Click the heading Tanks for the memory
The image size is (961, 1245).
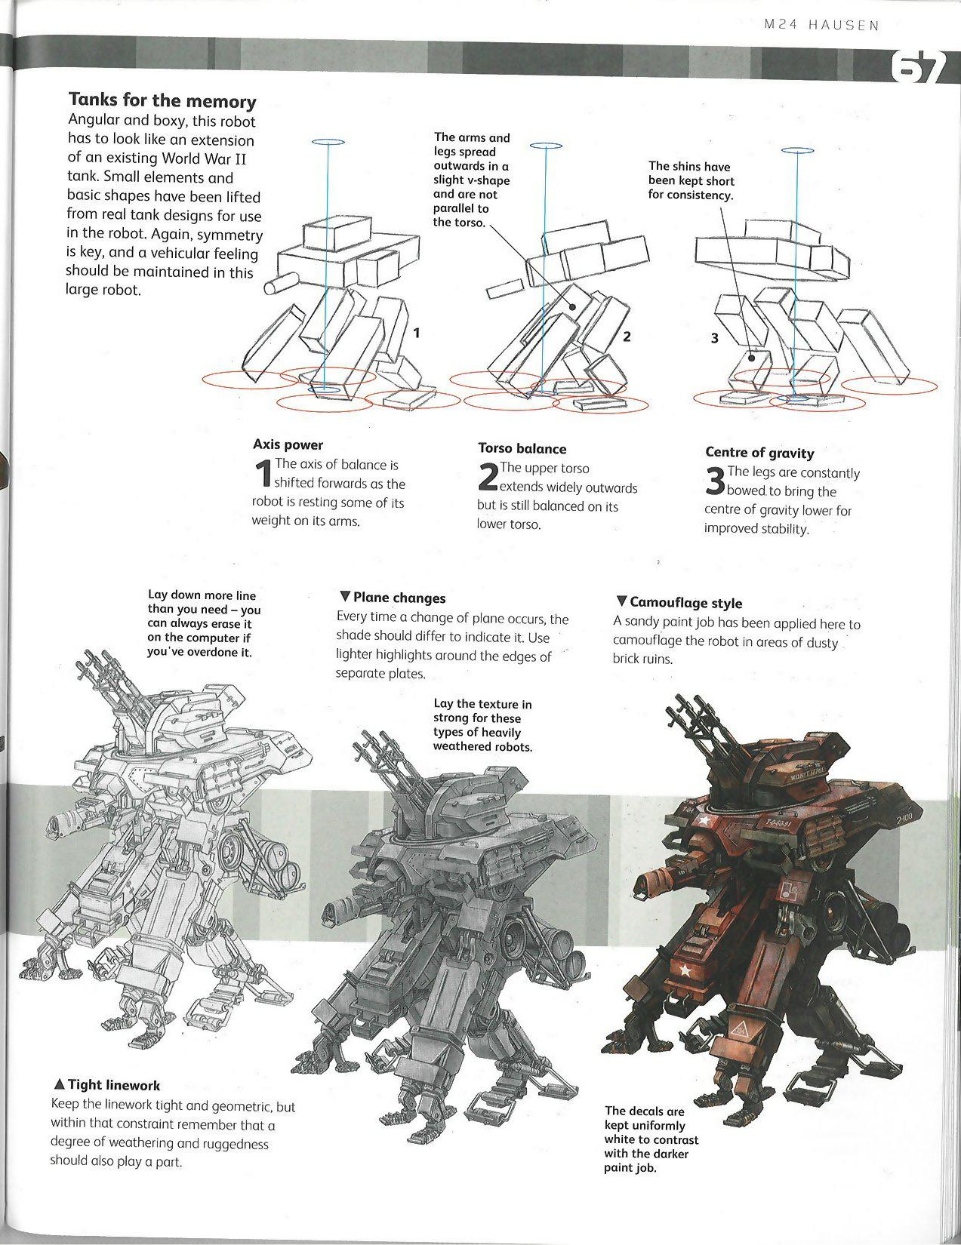click(162, 100)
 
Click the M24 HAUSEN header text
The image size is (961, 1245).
click(821, 25)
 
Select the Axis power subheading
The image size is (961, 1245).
click(288, 444)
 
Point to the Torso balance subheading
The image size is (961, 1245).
click(522, 448)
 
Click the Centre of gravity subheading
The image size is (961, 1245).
click(759, 453)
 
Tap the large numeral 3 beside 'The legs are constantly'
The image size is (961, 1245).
click(714, 482)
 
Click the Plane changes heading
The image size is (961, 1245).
click(393, 598)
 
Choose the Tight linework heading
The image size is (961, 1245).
click(106, 1085)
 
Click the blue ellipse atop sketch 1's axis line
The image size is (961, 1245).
click(327, 141)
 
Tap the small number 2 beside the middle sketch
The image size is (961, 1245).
click(627, 337)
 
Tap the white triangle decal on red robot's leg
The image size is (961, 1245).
click(740, 1028)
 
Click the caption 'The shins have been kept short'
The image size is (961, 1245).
click(690, 180)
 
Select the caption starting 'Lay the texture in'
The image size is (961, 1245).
click(482, 725)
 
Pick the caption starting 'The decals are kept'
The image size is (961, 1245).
click(651, 1139)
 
